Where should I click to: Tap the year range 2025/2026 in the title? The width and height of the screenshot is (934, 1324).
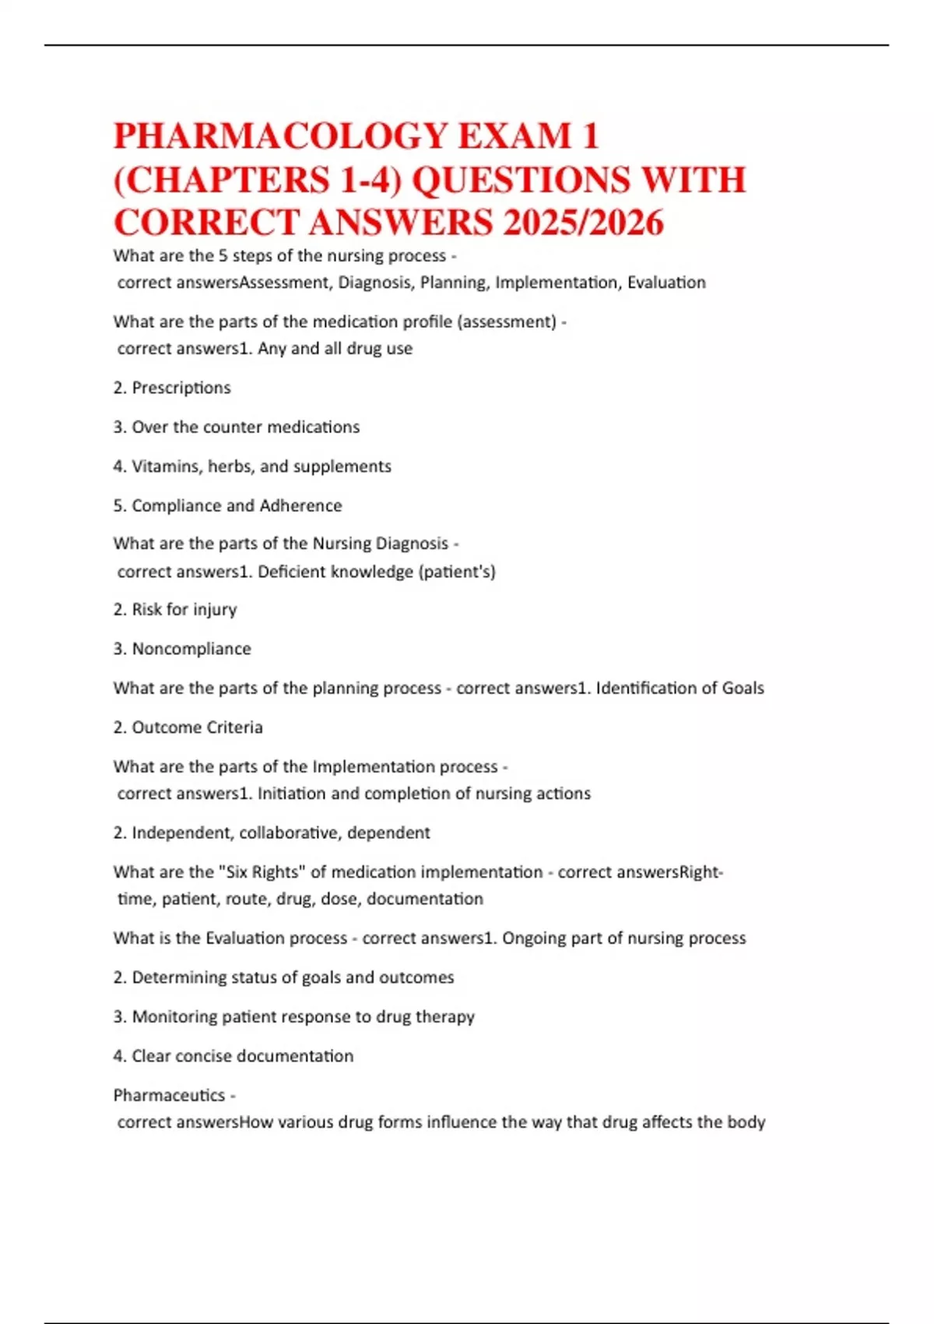(583, 223)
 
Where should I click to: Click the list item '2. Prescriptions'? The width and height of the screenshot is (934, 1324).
(172, 388)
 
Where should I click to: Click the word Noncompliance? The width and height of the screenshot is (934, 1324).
(191, 650)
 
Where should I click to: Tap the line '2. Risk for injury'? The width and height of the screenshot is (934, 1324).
(175, 610)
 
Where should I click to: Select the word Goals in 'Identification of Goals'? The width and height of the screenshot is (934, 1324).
(743, 688)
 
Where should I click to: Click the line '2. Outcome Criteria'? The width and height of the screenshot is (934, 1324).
(188, 727)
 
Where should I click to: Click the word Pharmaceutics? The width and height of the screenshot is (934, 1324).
(169, 1096)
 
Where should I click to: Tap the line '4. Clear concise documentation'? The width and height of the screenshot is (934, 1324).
(233, 1056)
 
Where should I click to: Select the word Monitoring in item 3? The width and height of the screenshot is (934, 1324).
(174, 1017)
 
